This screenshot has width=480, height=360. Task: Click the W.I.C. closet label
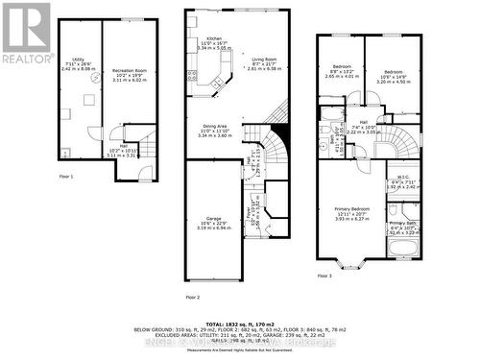404,179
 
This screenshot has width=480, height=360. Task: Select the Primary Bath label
404,225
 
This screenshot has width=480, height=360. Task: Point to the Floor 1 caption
65,177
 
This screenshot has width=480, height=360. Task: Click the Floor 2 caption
192,297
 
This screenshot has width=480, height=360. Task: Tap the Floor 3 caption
324,276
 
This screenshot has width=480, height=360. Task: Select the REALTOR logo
26,34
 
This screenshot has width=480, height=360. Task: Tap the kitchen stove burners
194,74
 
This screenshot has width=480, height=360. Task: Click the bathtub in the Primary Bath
399,244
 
